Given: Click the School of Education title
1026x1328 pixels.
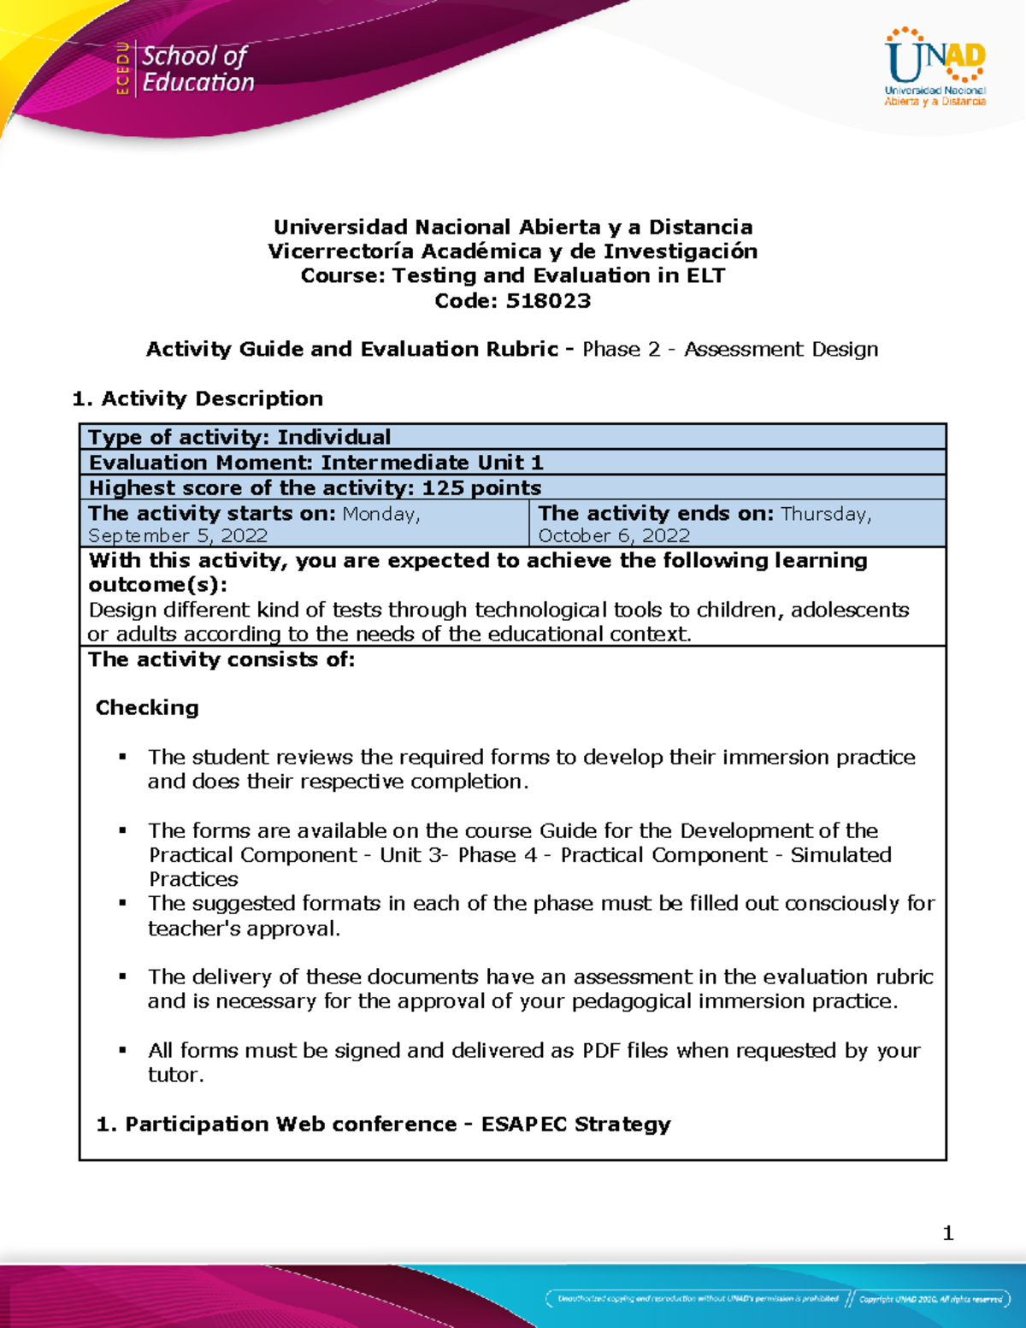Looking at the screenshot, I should [198, 69].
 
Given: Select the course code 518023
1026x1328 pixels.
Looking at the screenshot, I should [548, 301].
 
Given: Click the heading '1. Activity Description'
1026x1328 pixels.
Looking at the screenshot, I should [198, 398].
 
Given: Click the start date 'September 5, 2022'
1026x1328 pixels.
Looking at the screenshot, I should [178, 535].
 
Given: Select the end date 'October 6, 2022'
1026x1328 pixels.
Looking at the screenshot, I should [614, 535].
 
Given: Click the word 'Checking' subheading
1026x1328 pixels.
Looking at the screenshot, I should [147, 708].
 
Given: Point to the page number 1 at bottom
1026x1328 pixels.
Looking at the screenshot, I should [947, 1233].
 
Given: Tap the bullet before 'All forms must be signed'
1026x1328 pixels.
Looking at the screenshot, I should [123, 1049].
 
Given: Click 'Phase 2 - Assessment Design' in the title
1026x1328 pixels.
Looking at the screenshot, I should [730, 349].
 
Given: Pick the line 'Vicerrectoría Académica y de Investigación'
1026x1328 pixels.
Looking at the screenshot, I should [512, 251].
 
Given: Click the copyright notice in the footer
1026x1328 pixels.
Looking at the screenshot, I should [930, 1299].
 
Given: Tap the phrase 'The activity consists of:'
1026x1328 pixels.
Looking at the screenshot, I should [221, 659].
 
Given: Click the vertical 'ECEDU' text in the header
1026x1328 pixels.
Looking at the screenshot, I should [123, 68].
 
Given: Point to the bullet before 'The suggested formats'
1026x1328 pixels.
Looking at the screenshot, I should [123, 902].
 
